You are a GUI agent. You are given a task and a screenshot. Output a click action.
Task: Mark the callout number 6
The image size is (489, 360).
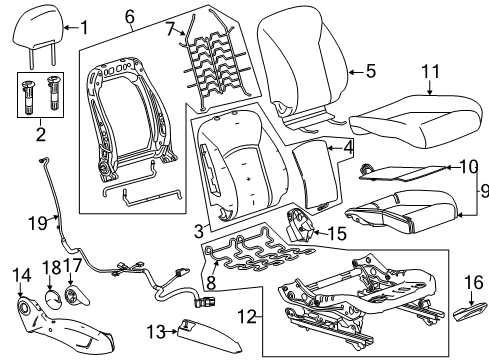tap(129, 17)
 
